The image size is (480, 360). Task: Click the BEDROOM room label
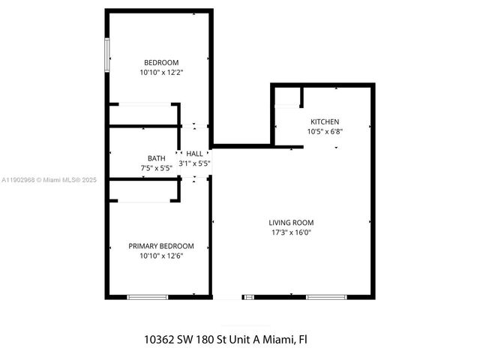(161, 62)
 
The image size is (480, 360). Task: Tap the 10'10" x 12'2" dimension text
(161, 73)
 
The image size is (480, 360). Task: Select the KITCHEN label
(325, 121)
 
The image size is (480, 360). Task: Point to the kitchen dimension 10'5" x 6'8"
(325, 132)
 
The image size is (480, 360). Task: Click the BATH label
(156, 158)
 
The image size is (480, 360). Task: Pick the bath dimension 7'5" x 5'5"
(156, 168)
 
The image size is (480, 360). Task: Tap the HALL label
(194, 153)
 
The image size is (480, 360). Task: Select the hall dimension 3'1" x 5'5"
(194, 163)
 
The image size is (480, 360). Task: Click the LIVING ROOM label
(291, 222)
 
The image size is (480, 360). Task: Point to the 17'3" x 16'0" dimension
(291, 232)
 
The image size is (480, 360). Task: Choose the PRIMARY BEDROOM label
(161, 246)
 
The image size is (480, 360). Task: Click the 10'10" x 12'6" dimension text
(161, 256)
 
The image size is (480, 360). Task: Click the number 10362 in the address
(159, 339)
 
